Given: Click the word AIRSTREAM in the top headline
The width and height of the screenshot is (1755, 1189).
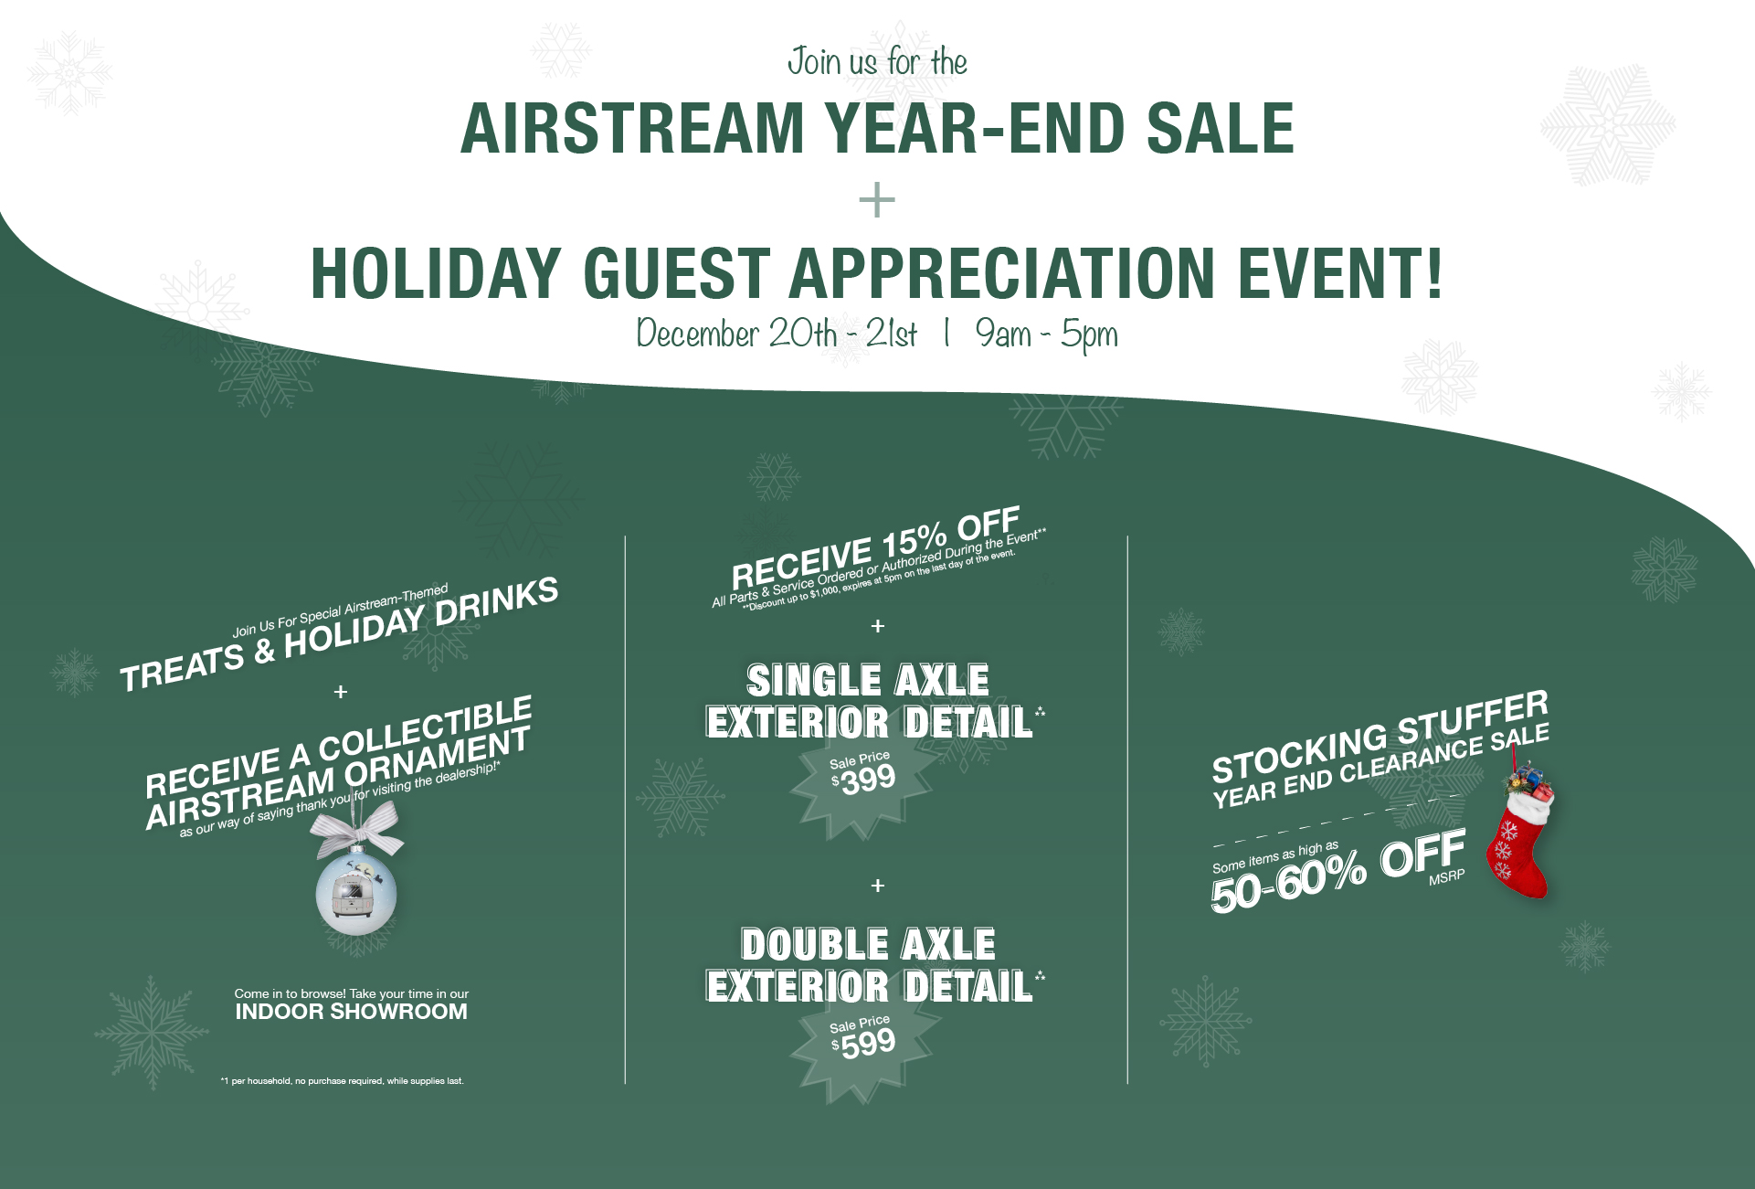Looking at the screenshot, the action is click(x=632, y=128).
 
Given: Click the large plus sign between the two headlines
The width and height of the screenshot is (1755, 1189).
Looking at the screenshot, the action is click(x=877, y=200).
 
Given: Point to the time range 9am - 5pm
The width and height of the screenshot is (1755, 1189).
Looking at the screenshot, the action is click(x=1047, y=334).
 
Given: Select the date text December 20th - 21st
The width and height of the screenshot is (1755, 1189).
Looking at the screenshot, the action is click(x=777, y=334).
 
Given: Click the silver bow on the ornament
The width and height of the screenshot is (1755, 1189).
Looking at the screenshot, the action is click(x=359, y=829).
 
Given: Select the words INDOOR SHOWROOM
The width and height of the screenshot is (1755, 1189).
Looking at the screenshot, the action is click(x=352, y=1012).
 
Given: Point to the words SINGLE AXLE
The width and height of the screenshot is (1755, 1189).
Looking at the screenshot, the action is click(x=868, y=680).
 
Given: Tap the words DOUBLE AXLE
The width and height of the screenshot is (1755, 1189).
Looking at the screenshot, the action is click(x=868, y=944).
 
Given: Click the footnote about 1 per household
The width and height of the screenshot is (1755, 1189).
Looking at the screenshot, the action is click(x=343, y=1081).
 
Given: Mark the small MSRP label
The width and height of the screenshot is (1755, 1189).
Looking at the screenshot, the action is click(x=1447, y=877).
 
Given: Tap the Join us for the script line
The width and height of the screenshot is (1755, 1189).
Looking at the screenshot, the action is click(x=877, y=62).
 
